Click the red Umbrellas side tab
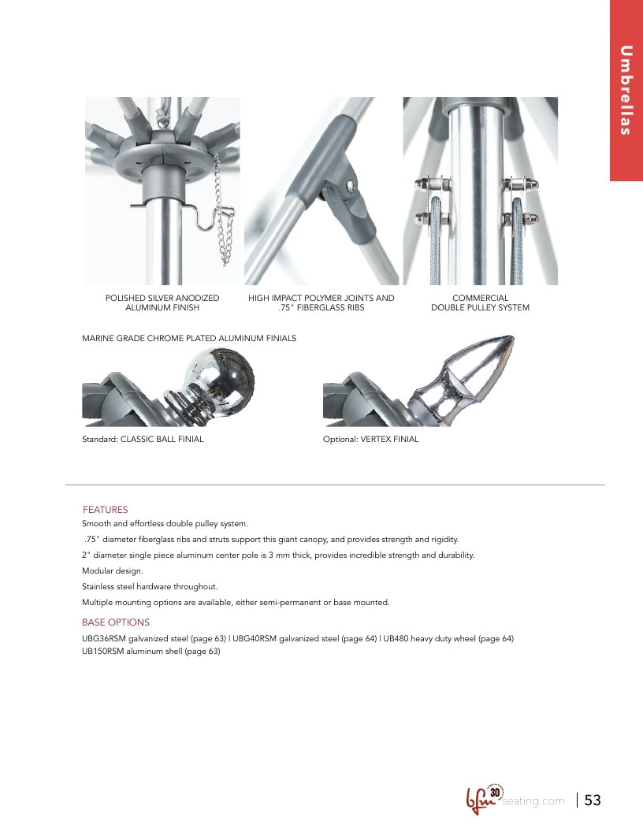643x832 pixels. [626, 90]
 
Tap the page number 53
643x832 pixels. [593, 800]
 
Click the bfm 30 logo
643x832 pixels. [484, 799]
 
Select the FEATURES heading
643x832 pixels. [105, 510]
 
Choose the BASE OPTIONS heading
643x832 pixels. [116, 622]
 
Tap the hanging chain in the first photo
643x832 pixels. [224, 212]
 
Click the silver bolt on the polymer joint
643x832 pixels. [350, 184]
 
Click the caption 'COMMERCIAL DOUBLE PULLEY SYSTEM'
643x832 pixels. [480, 303]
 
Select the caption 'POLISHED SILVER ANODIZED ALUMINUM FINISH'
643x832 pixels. [162, 303]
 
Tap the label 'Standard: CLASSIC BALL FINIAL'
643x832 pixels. [143, 439]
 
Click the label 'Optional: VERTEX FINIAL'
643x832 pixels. [371, 439]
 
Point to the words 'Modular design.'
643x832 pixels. [113, 570]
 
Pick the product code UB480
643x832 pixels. [396, 638]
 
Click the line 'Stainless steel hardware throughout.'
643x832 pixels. [151, 586]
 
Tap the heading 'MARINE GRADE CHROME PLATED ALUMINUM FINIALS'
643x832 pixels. [189, 338]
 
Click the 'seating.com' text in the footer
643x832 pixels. [533, 800]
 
